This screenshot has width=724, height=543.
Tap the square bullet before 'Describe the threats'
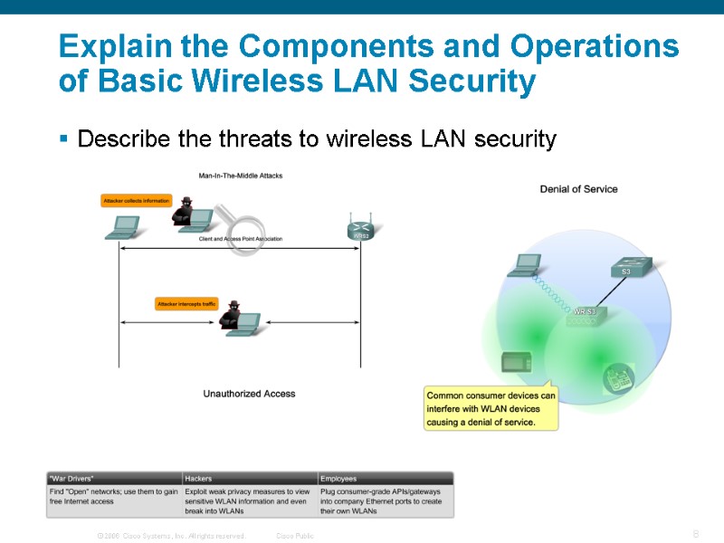(x=63, y=139)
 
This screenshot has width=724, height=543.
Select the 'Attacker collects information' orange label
(x=137, y=201)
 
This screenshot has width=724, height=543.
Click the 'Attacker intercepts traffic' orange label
(x=187, y=304)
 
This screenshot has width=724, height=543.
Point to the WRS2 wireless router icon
(x=361, y=229)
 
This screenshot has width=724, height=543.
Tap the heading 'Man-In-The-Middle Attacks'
(x=241, y=175)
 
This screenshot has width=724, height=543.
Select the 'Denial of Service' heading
(x=578, y=189)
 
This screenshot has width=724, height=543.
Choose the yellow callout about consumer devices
(x=491, y=408)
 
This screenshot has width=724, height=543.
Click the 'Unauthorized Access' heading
(x=249, y=394)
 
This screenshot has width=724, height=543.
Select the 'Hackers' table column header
(x=198, y=478)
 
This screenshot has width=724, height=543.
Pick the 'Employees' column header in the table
(x=338, y=478)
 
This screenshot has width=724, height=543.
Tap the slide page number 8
(x=695, y=534)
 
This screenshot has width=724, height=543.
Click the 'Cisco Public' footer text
(x=295, y=536)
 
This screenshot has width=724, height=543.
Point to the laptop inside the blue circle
(x=524, y=264)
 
